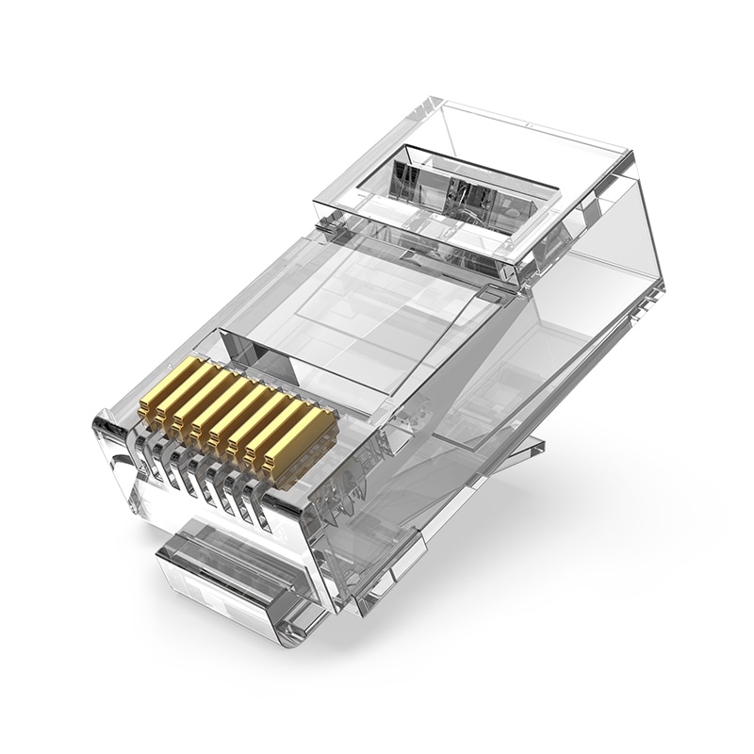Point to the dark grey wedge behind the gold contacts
tap(269, 363)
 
